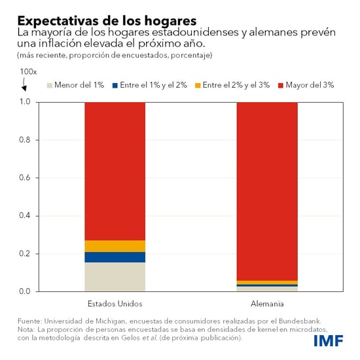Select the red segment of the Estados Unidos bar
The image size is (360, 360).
click(115, 171)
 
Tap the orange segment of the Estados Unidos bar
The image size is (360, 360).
click(115, 246)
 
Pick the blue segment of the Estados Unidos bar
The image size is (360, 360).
click(115, 257)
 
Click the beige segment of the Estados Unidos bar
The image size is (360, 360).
click(115, 277)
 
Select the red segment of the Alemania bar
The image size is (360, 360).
click(266, 190)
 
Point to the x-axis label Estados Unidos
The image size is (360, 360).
click(115, 304)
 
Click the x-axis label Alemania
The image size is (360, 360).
click(266, 304)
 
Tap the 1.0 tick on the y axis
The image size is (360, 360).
click(25, 102)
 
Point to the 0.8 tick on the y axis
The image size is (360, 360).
click(25, 140)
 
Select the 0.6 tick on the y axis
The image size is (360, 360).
click(25, 178)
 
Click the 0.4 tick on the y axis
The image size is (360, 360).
click(25, 216)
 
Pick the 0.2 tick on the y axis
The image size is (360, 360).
click(25, 254)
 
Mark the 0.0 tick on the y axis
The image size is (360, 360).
click(25, 291)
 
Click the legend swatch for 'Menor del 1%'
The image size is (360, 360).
click(49, 86)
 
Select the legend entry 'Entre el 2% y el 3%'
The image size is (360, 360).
click(239, 86)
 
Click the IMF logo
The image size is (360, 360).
click(329, 341)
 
